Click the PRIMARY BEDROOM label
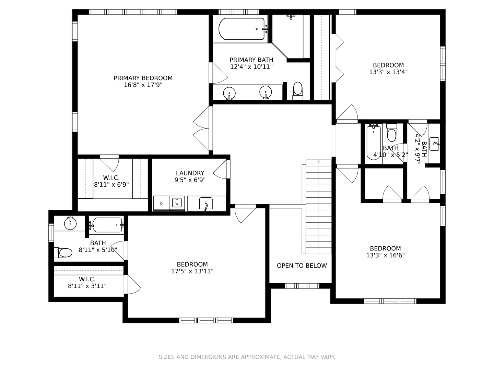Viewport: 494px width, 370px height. pos(143,78)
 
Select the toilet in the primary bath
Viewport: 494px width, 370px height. pos(298,91)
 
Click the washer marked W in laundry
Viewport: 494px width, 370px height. pos(177,203)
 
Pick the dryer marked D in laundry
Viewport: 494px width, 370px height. pos(161,203)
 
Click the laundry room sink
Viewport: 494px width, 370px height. pos(206,203)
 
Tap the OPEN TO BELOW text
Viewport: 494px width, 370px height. pos(302,266)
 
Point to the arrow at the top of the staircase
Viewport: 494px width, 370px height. pos(319,161)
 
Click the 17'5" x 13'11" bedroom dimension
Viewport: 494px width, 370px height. pos(192,271)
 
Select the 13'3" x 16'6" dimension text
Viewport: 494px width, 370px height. pos(385,256)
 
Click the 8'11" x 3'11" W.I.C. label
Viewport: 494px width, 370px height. pos(87,286)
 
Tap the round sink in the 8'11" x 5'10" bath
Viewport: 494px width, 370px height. pos(70,223)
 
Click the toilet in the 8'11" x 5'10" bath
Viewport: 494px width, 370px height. pos(63,253)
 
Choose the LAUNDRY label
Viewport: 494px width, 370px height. pos(190,173)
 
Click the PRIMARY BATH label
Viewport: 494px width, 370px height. pos(251,60)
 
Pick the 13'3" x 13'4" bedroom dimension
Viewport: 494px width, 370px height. pos(388,72)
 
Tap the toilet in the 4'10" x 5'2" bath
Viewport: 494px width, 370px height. pos(392,133)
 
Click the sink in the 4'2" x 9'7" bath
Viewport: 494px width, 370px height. pos(434,144)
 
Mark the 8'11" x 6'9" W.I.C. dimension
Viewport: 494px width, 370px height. pos(111,185)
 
